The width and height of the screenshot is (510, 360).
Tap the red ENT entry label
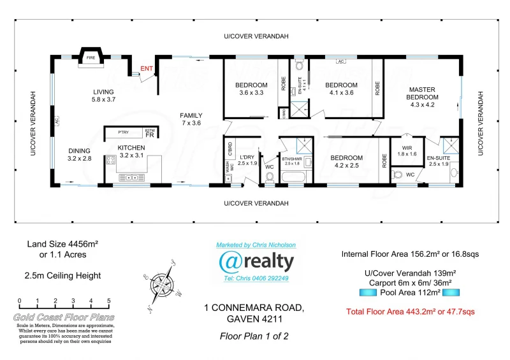[147, 68]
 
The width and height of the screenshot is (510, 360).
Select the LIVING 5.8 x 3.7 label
[103, 96]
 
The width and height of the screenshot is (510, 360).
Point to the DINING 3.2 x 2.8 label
[80, 154]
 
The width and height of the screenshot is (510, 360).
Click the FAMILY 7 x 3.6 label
[191, 119]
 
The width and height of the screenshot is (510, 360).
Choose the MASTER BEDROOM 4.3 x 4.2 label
[422, 97]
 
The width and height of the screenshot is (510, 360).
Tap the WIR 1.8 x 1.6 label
[407, 150]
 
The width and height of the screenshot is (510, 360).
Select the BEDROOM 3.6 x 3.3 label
[251, 89]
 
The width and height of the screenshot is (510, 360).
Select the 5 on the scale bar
[109, 301]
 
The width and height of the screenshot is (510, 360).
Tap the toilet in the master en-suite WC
[398, 175]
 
